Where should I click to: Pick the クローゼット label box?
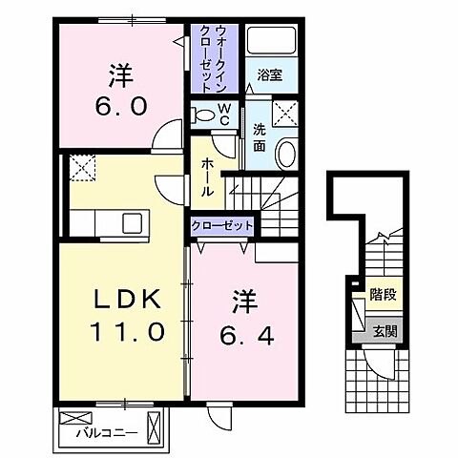[222, 225]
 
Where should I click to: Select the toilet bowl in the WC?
[202, 115]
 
